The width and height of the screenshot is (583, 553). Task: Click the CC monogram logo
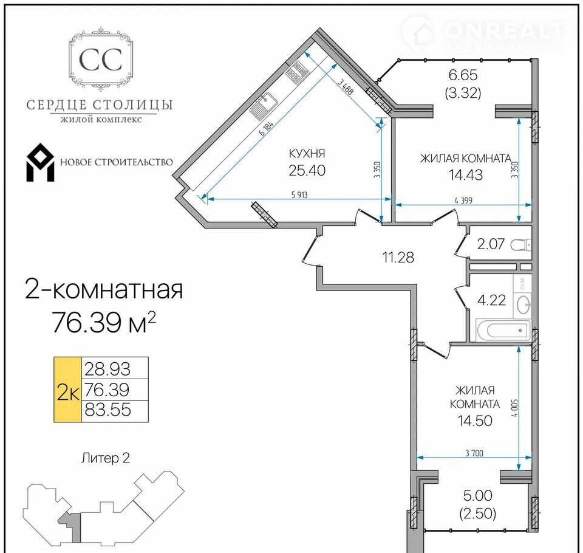[x=100, y=60]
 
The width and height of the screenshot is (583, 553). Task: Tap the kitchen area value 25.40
[x=307, y=170]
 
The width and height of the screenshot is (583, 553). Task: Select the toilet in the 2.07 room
[x=521, y=244]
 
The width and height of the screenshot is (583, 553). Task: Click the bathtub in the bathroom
[x=503, y=330]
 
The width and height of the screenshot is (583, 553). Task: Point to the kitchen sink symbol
[x=263, y=105]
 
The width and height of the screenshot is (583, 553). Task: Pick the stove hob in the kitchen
[x=297, y=72]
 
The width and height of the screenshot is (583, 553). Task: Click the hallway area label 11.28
[x=398, y=257]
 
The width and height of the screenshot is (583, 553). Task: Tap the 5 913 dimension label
[x=299, y=194]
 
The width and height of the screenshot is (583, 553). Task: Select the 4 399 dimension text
[x=463, y=201]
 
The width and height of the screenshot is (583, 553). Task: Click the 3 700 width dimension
[x=474, y=453]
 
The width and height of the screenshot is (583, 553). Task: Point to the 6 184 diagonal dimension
[x=266, y=128]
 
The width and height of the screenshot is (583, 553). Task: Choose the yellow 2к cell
[x=67, y=390]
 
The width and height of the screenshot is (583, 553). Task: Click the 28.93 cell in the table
[x=107, y=369]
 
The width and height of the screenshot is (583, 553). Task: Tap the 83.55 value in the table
[x=108, y=410]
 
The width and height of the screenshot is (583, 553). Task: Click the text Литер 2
[x=106, y=458]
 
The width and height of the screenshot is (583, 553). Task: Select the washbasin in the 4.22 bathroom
[x=523, y=305]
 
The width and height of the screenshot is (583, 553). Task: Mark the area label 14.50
[x=475, y=421]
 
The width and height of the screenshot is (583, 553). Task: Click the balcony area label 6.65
[x=463, y=75]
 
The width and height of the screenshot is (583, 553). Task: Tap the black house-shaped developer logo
[x=40, y=162]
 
